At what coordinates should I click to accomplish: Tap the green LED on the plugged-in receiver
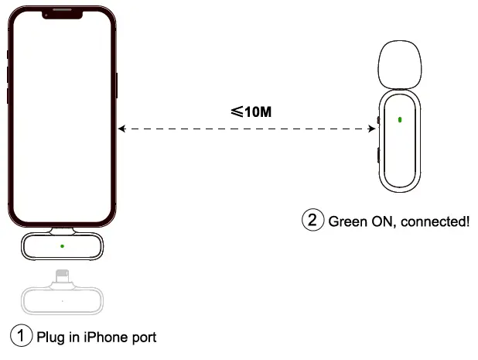(x=62, y=247)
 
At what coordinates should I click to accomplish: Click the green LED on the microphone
(x=399, y=120)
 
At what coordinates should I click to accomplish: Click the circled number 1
(x=20, y=336)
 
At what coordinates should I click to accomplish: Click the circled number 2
(x=311, y=220)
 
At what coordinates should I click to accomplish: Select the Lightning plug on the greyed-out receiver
(x=62, y=276)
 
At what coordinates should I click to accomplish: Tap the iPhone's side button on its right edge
(x=117, y=85)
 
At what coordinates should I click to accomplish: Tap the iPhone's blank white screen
(x=62, y=116)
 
